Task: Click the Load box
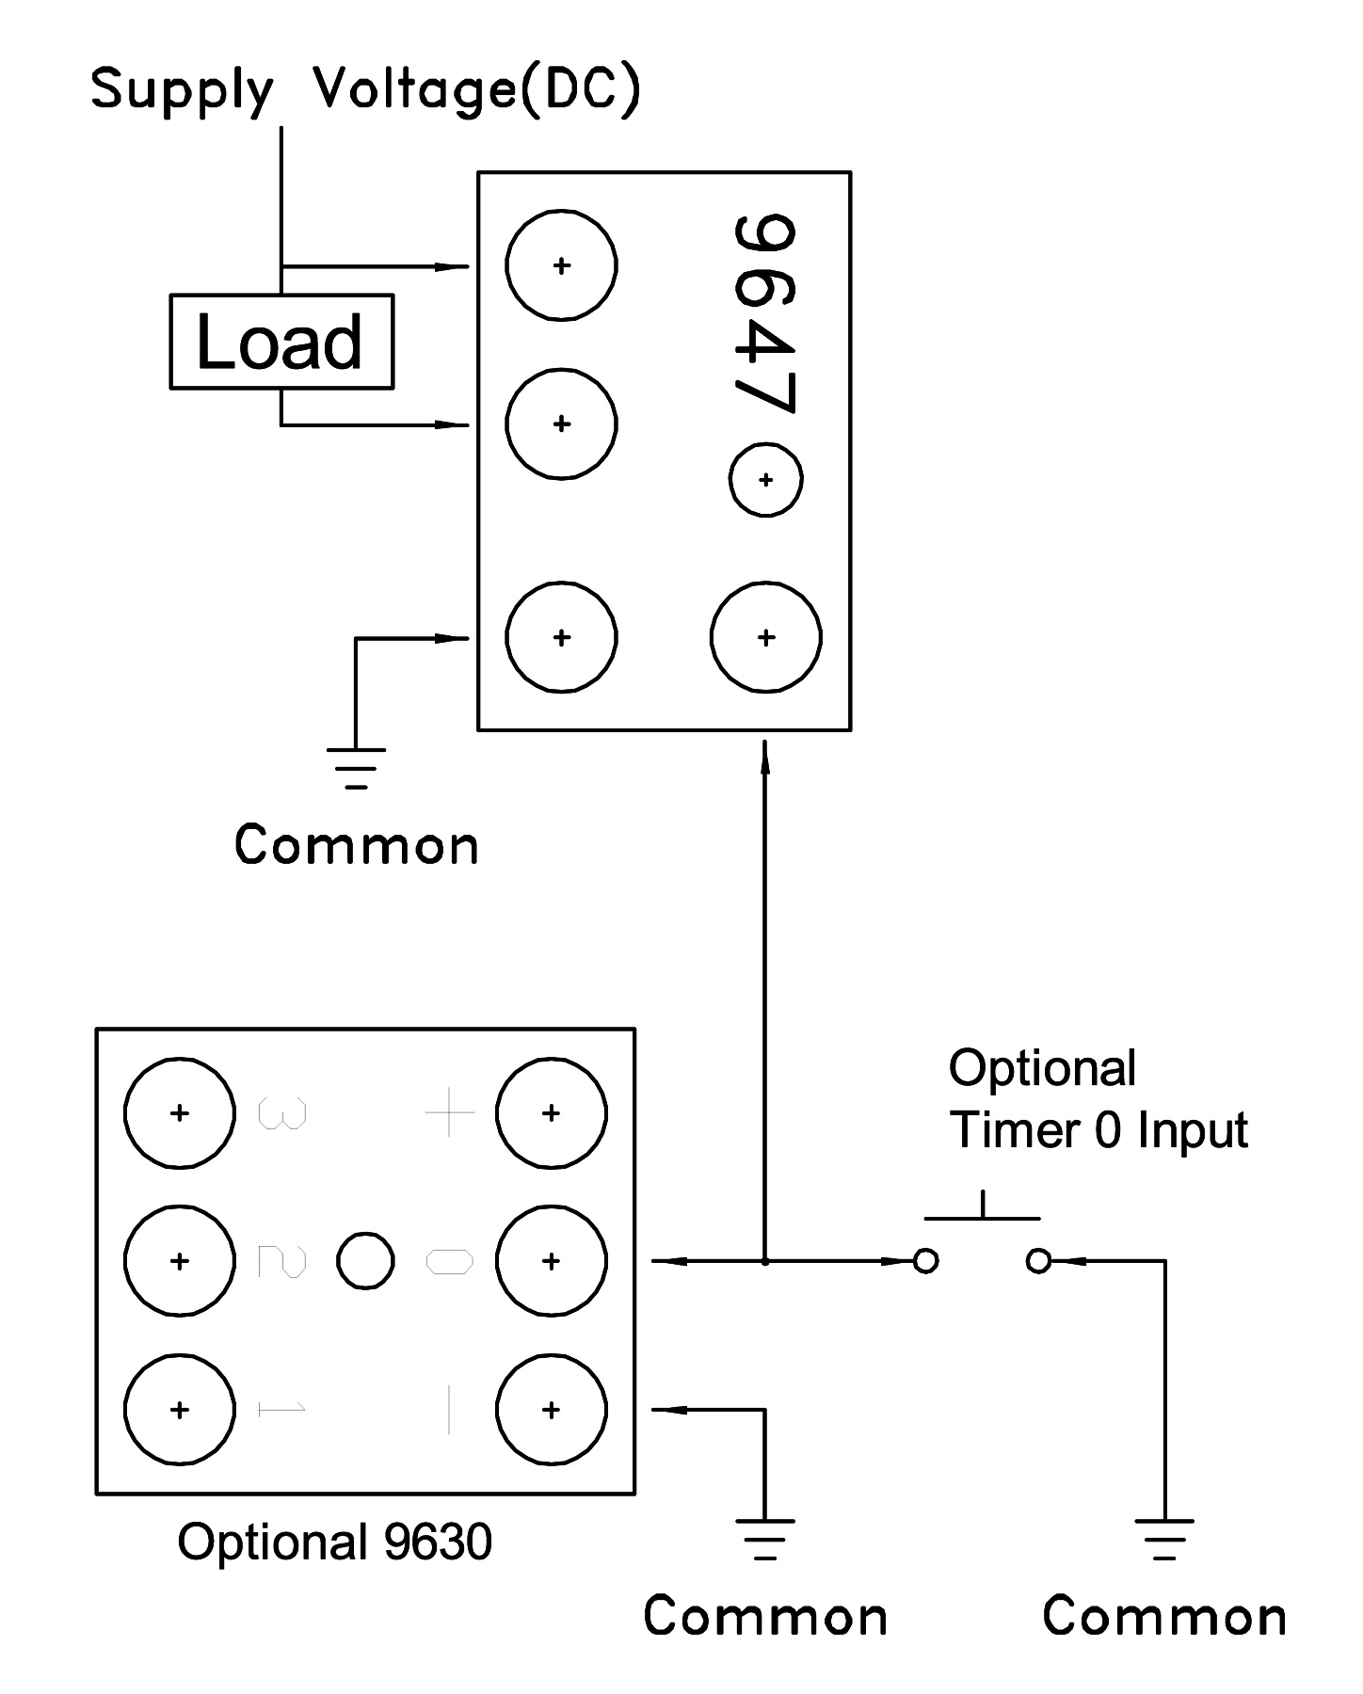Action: (x=281, y=342)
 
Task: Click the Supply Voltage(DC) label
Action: (x=365, y=90)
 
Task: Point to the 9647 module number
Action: (x=764, y=314)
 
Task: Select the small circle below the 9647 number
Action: (x=765, y=480)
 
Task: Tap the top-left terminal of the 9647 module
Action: (x=561, y=265)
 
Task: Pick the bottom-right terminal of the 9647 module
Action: (x=765, y=637)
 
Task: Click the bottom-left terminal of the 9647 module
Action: (x=561, y=637)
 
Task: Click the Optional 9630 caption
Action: (x=334, y=1542)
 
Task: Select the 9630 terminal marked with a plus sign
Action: (x=552, y=1113)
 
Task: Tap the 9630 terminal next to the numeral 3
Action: (x=179, y=1113)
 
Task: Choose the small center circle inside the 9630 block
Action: (x=365, y=1261)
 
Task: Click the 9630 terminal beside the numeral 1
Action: (x=179, y=1409)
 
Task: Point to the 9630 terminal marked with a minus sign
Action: (x=552, y=1409)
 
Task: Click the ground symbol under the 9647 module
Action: (x=356, y=767)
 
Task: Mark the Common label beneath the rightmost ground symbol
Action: (x=1164, y=1617)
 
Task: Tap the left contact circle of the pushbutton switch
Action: (x=926, y=1261)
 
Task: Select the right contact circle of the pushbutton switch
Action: (x=1038, y=1261)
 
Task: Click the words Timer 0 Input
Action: (x=1098, y=1130)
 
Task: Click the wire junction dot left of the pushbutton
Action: (x=765, y=1261)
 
